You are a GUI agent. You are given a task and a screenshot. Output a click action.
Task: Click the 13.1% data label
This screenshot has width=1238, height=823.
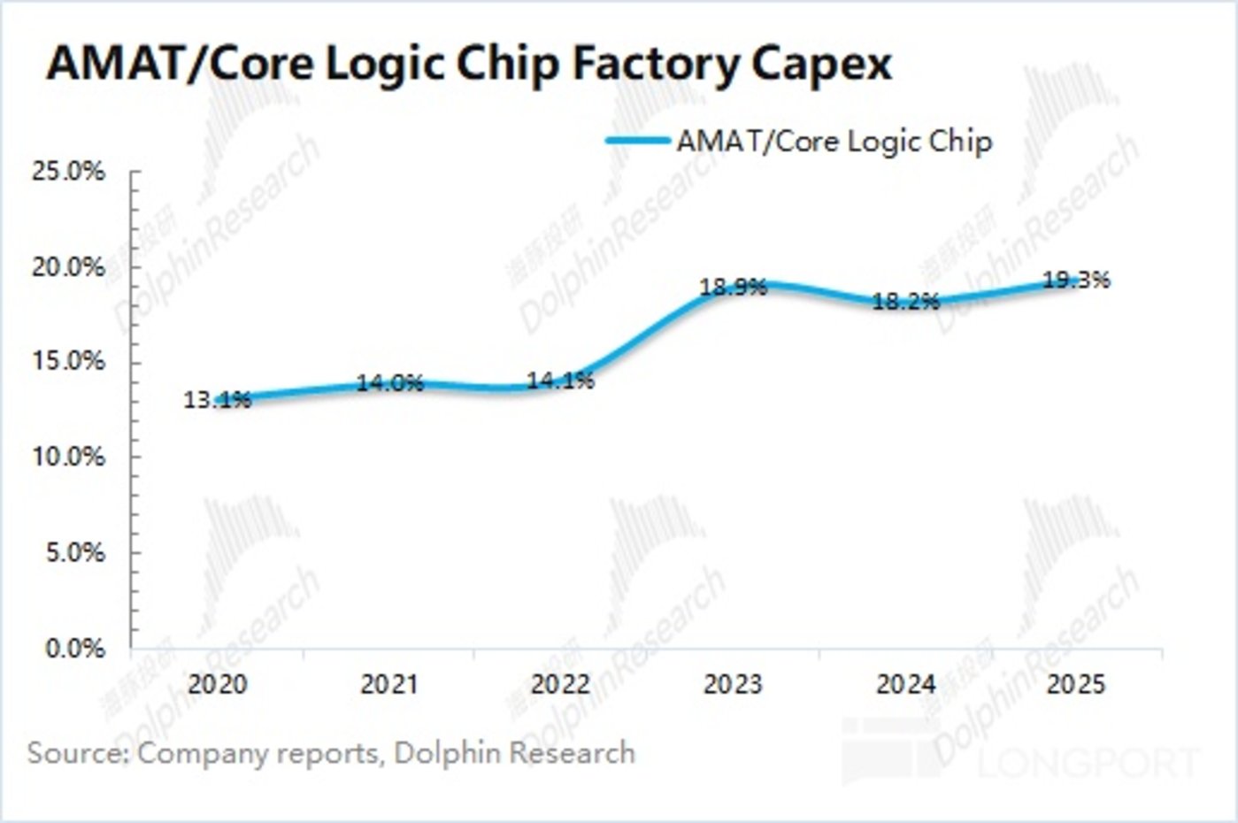218,400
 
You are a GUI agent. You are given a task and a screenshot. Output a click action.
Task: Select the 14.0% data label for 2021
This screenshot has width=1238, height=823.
390,383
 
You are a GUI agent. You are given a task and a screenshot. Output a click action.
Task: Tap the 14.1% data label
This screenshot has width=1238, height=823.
560,381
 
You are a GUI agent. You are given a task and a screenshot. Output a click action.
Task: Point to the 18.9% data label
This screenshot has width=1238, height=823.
733,288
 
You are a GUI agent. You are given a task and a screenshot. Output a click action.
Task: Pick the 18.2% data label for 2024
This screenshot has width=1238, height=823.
905,302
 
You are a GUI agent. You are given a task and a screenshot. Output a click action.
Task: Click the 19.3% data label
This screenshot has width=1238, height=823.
1076,281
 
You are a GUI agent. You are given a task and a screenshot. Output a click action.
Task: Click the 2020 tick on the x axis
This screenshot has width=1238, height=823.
218,684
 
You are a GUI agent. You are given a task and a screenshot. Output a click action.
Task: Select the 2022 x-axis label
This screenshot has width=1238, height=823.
560,684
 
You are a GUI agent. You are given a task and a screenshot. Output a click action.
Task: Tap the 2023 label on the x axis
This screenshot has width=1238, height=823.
733,684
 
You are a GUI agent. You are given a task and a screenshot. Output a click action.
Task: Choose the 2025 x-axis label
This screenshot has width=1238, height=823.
1076,684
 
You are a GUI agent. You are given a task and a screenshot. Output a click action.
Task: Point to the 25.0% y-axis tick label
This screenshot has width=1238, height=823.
68,172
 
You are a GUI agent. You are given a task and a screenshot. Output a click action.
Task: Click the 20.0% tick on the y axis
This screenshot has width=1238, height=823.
68,267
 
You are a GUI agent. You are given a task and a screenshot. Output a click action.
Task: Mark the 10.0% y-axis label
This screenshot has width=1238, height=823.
68,458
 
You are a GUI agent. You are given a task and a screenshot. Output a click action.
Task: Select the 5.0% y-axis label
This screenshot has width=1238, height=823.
74,553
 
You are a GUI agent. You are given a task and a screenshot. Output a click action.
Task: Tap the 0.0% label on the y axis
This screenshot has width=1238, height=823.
74,649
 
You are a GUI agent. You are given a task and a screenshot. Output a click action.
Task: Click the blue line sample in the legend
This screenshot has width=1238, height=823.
637,140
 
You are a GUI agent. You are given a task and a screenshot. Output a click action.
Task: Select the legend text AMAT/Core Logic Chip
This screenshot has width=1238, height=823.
834,141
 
